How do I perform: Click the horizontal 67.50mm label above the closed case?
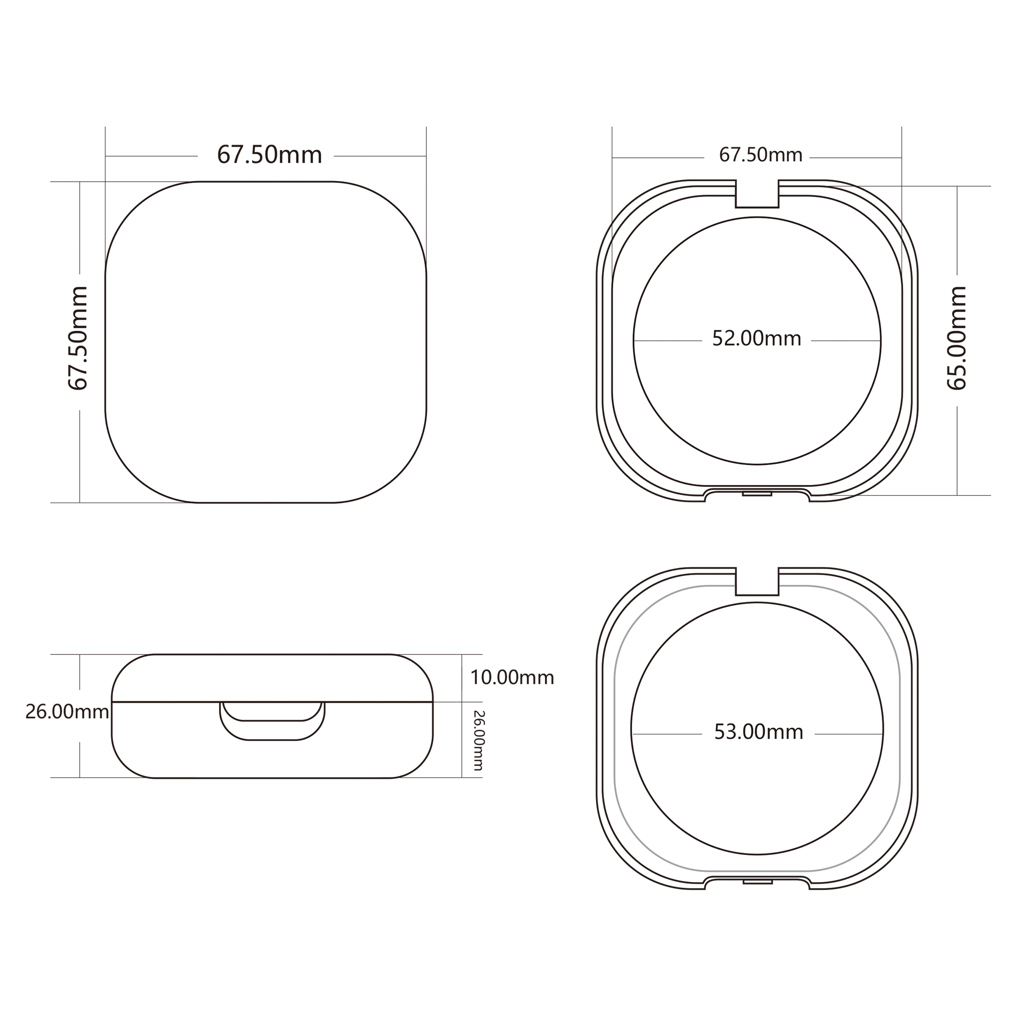[269, 155]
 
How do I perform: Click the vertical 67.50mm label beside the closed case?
[78, 338]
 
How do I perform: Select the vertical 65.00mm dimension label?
[957, 338]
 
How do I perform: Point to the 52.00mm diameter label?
[756, 338]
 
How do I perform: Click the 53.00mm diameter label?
[759, 732]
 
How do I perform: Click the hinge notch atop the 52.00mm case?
[757, 194]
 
